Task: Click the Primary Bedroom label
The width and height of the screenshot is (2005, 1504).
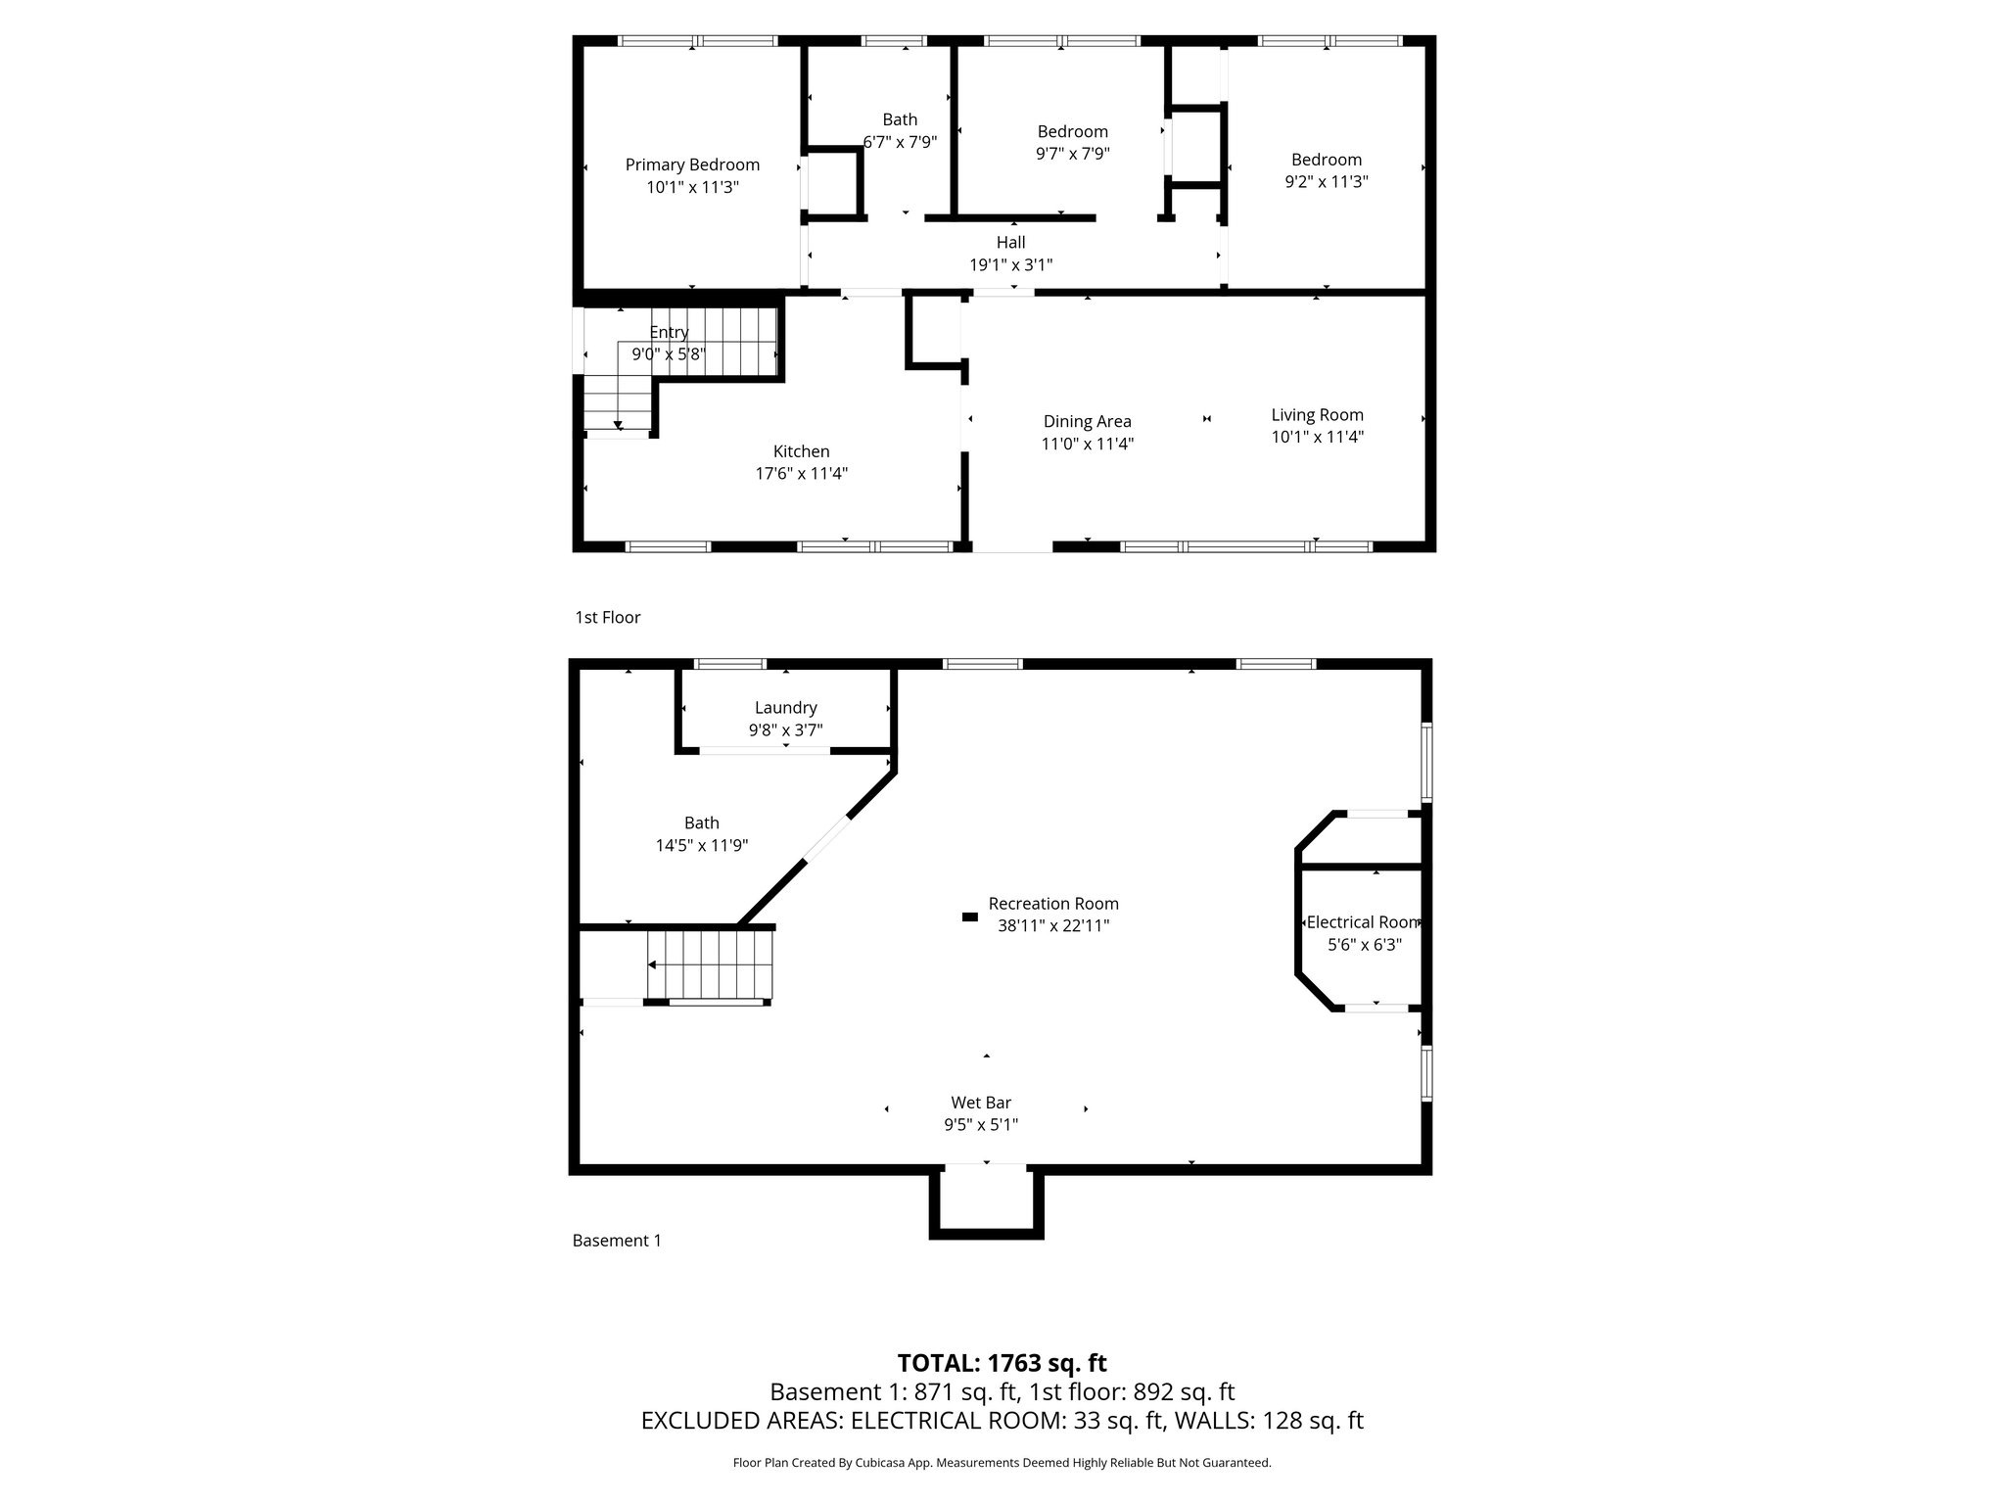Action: click(x=692, y=164)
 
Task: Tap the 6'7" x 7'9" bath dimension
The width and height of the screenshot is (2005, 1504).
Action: click(x=900, y=142)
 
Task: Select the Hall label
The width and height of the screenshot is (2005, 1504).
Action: click(x=1011, y=242)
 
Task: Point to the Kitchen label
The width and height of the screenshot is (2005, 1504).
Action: click(x=801, y=451)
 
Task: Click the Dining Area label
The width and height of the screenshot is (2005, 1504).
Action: click(x=1087, y=421)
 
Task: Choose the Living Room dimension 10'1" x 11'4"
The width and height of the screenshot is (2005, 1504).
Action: click(x=1317, y=437)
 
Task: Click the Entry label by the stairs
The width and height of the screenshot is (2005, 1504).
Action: click(x=669, y=333)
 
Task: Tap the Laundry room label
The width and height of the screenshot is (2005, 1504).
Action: click(x=785, y=708)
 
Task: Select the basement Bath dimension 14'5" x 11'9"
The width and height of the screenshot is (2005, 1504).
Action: click(x=702, y=845)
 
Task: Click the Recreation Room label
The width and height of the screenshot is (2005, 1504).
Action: click(x=1053, y=904)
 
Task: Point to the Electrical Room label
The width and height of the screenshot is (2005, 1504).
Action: click(x=1363, y=922)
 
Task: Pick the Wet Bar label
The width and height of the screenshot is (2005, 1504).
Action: click(x=981, y=1103)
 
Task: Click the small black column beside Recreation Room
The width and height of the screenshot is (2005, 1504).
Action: click(x=969, y=916)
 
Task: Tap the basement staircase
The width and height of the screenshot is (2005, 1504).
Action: click(x=710, y=964)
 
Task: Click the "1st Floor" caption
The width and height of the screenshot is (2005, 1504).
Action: click(x=608, y=617)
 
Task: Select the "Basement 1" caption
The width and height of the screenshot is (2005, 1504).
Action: click(x=617, y=1241)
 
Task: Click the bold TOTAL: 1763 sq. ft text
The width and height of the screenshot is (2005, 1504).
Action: click(x=1002, y=1363)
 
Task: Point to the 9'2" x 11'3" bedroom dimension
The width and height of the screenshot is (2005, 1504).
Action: click(x=1327, y=181)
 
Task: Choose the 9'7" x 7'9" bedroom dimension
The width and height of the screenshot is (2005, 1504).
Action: click(x=1073, y=154)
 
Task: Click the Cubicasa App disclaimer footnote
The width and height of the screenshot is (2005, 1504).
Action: click(x=1002, y=1463)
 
